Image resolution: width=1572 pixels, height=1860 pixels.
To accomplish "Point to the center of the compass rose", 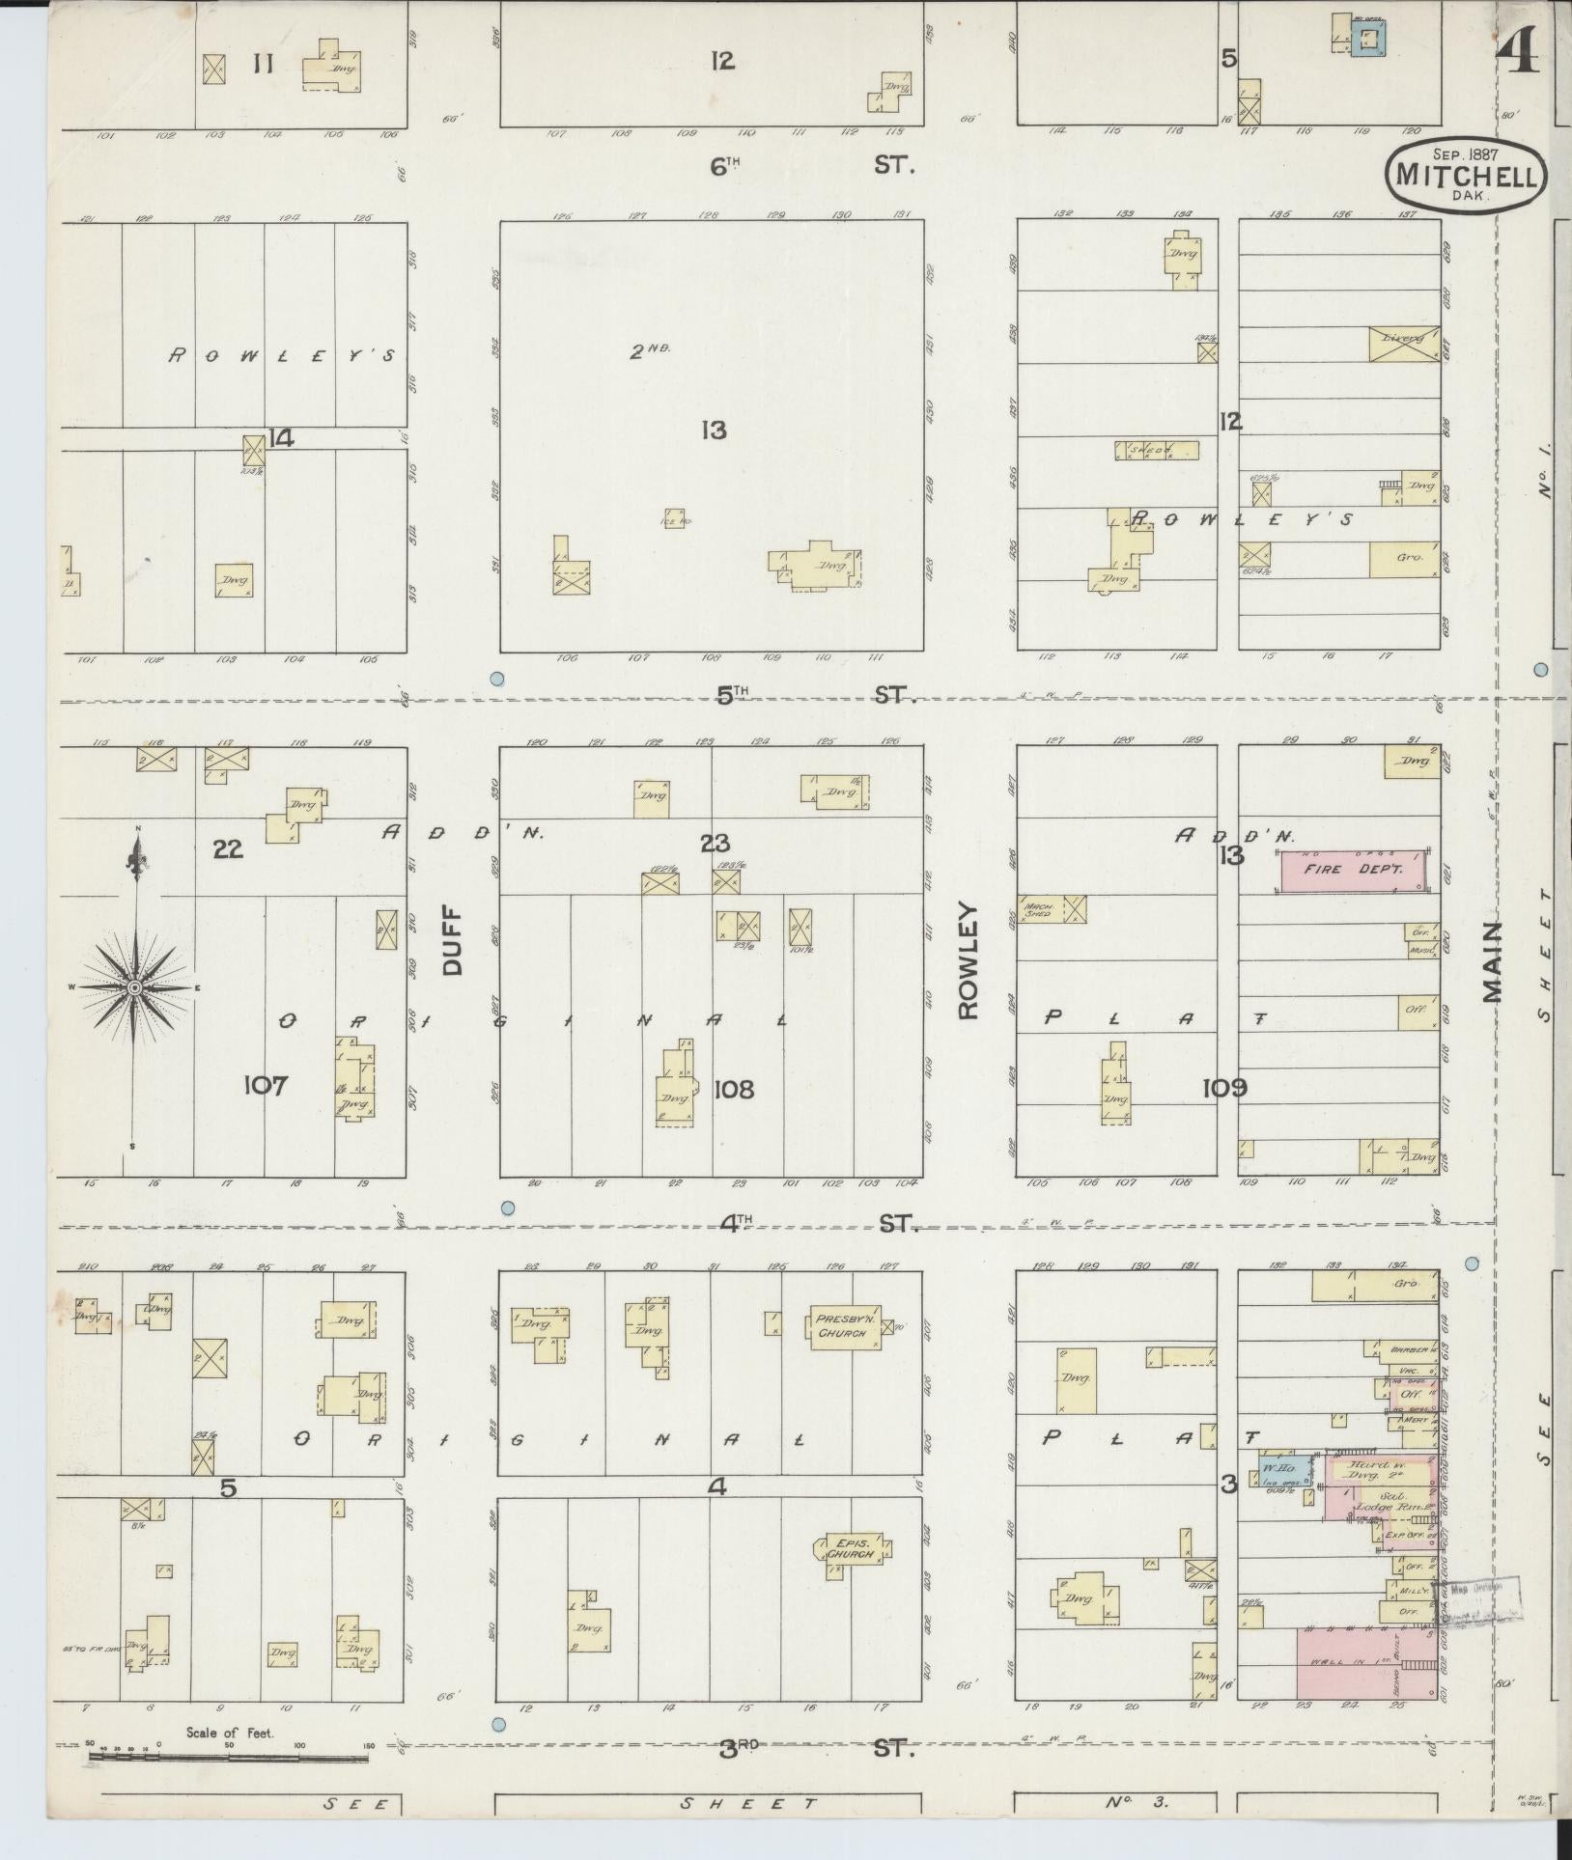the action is [135, 986].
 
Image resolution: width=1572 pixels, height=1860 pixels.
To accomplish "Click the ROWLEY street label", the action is [968, 960].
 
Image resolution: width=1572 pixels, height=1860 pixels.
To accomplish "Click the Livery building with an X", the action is [1403, 345].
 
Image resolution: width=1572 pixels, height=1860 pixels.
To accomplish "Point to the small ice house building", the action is [675, 517].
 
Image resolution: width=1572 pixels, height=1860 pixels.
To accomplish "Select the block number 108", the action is [734, 1090].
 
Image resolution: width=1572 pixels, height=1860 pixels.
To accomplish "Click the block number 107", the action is [266, 1086].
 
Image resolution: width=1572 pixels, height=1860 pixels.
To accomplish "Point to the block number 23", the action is [715, 843].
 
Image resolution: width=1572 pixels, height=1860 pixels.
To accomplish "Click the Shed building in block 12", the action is [1157, 450].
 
